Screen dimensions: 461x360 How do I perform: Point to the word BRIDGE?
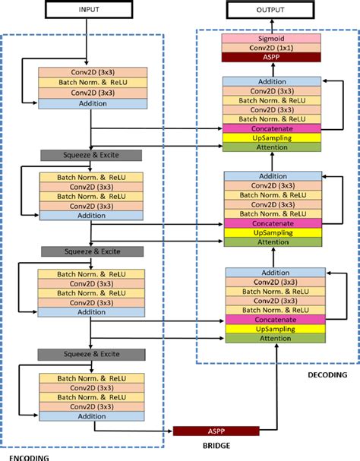216,446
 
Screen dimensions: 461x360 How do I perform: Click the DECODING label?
327,374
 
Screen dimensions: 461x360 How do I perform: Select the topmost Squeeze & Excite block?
91,155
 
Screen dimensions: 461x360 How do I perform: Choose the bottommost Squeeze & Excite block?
91,353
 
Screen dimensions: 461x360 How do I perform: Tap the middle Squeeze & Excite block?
91,251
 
